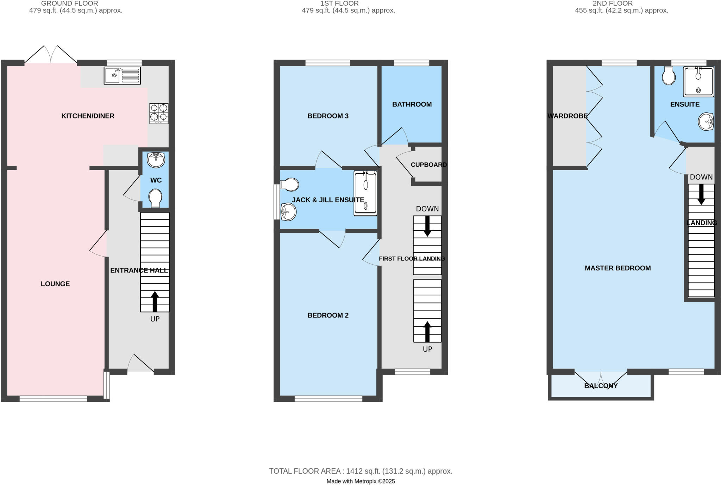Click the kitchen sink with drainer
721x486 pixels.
point(122,75)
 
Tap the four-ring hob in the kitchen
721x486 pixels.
point(159,113)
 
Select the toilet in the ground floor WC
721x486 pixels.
point(155,198)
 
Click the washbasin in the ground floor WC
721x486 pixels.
point(156,160)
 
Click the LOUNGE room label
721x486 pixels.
point(55,284)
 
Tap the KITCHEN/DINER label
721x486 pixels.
point(88,116)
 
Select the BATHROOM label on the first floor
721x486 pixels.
point(412,104)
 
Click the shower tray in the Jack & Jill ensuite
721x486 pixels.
point(365,193)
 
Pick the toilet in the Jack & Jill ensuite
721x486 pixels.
point(290,184)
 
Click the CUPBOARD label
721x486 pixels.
point(428,165)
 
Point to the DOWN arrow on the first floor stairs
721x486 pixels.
point(427,226)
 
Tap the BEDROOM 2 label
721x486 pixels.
point(328,315)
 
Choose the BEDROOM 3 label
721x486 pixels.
point(328,116)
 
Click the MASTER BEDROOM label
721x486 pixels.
point(617,268)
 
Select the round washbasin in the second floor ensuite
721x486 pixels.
point(706,122)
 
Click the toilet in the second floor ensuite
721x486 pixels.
point(669,76)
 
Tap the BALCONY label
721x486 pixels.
point(601,386)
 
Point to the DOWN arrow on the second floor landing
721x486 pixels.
point(701,194)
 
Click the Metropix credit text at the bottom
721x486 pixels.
point(360,481)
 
